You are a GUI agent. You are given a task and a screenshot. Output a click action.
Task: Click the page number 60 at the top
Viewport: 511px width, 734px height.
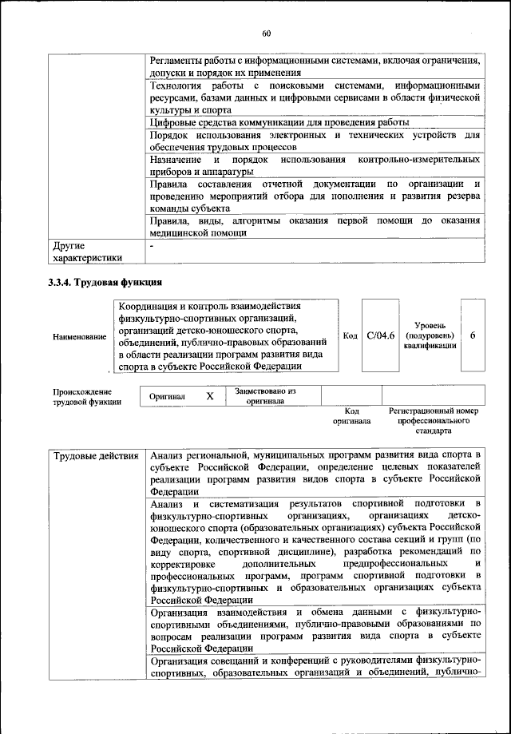pyautogui.click(x=266, y=33)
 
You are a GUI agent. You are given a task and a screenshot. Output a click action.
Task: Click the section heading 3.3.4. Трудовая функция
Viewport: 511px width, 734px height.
pyautogui.click(x=105, y=282)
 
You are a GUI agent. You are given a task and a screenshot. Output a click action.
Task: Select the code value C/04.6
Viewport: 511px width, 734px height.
pyautogui.click(x=381, y=335)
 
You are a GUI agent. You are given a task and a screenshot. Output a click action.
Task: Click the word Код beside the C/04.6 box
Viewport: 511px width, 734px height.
pyautogui.click(x=350, y=335)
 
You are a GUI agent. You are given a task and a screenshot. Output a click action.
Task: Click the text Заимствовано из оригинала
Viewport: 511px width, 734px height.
pyautogui.click(x=265, y=396)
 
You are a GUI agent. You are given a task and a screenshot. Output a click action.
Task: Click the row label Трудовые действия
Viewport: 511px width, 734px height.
pyautogui.click(x=96, y=456)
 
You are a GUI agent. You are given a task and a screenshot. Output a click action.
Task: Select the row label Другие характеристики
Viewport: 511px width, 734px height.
pyautogui.click(x=87, y=252)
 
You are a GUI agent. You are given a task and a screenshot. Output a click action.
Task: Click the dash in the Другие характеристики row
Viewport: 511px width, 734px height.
pyautogui.click(x=152, y=245)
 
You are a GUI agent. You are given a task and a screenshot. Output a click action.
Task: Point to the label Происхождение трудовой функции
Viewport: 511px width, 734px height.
pyautogui.click(x=87, y=397)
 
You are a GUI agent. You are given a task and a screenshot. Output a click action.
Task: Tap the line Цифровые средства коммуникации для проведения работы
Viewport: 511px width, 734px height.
pyautogui.click(x=279, y=122)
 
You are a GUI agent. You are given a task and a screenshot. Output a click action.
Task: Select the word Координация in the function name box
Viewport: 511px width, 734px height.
pyautogui.click(x=153, y=306)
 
